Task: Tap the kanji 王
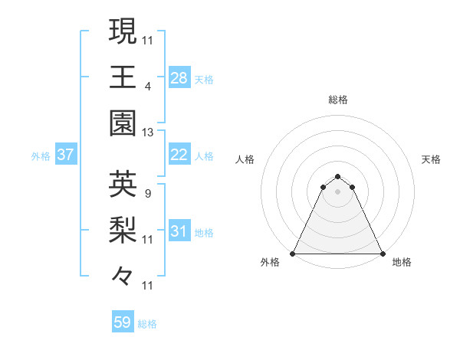click(123, 77)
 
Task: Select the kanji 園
click(123, 123)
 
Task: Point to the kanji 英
click(123, 184)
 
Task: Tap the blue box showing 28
click(179, 78)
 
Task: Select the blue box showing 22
click(179, 155)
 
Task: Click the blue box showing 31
click(179, 231)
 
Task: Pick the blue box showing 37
click(66, 155)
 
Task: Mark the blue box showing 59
click(123, 322)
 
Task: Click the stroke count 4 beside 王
click(147, 86)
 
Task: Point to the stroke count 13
click(148, 133)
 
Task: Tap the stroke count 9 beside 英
click(147, 193)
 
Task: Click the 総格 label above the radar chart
click(338, 100)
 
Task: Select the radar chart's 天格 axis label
click(432, 159)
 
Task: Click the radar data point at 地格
click(383, 254)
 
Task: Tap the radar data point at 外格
click(293, 254)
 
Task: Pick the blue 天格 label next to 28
click(204, 79)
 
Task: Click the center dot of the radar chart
click(338, 191)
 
